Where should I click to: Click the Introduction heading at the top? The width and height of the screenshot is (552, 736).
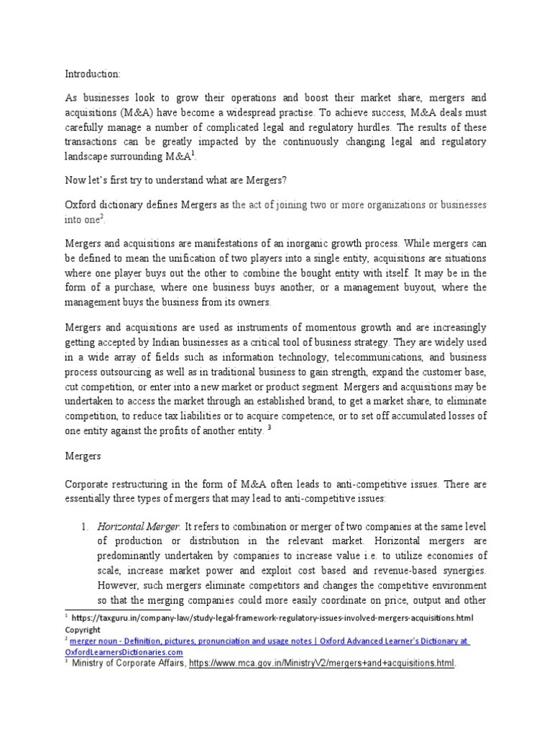click(x=92, y=73)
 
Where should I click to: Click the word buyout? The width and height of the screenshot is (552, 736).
click(x=425, y=288)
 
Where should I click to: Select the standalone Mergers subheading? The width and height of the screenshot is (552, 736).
click(x=84, y=456)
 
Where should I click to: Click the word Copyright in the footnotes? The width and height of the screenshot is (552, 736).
click(x=83, y=629)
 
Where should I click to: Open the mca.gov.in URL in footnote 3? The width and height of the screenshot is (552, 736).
click(x=322, y=663)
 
